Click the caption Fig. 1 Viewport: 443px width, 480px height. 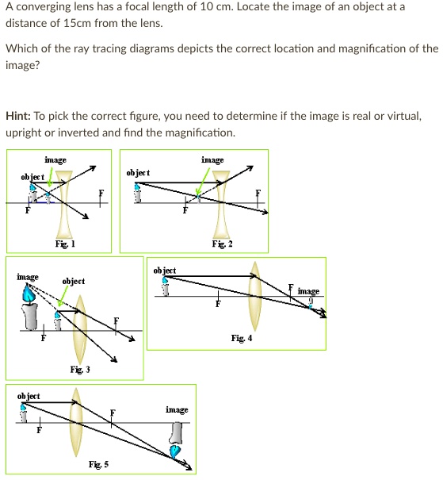[66, 246]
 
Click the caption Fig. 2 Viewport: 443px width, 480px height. [222, 246]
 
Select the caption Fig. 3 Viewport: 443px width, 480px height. [80, 370]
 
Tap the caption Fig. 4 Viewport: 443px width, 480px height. [242, 338]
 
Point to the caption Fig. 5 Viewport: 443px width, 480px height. [99, 463]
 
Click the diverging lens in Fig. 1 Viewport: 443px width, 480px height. [66, 205]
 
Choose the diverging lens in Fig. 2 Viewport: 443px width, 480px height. [222, 204]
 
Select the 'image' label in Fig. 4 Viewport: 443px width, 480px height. [309, 291]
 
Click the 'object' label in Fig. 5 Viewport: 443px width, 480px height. [28, 395]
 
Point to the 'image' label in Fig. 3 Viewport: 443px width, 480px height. [28, 276]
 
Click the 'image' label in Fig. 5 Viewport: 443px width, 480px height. [177, 409]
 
